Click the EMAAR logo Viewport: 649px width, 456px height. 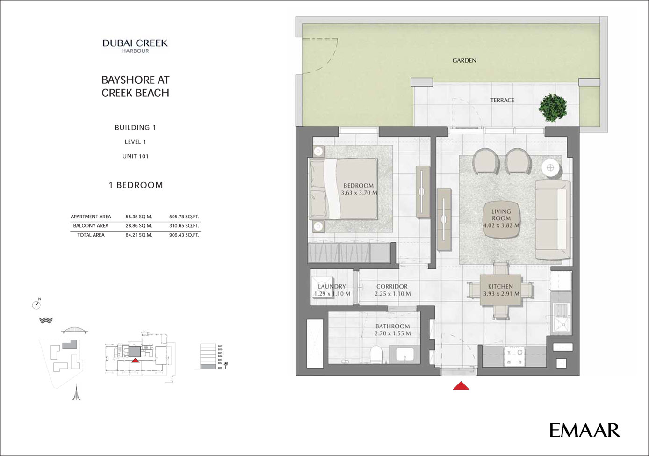pyautogui.click(x=584, y=430)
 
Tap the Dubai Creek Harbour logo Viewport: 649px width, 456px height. pyautogui.click(x=135, y=45)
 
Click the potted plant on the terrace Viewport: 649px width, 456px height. pyautogui.click(x=552, y=107)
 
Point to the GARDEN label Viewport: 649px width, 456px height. pyautogui.click(x=464, y=60)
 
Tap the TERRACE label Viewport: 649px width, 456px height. pyautogui.click(x=502, y=100)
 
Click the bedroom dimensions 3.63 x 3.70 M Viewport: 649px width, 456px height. pyautogui.click(x=359, y=193)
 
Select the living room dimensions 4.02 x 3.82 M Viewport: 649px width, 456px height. pyautogui.click(x=501, y=225)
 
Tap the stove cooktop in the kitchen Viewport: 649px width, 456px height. pyautogui.click(x=513, y=357)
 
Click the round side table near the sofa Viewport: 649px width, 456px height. pyautogui.click(x=551, y=168)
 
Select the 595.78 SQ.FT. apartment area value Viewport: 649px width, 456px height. pyautogui.click(x=184, y=217)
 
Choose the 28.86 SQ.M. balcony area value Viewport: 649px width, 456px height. pyautogui.click(x=139, y=226)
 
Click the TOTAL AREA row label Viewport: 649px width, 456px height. pyautogui.click(x=91, y=235)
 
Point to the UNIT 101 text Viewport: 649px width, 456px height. pyautogui.click(x=135, y=156)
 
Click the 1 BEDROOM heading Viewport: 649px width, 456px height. pyautogui.click(x=136, y=185)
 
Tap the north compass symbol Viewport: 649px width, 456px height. pyautogui.click(x=36, y=304)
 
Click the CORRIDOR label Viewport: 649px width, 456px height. pyautogui.click(x=392, y=286)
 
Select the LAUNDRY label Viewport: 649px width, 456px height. pyautogui.click(x=332, y=286)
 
